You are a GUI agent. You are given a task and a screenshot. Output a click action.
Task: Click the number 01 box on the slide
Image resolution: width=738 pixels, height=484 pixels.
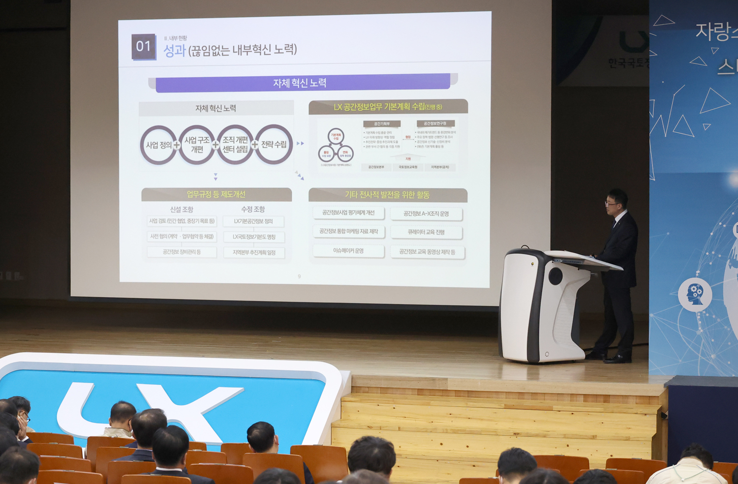(143, 47)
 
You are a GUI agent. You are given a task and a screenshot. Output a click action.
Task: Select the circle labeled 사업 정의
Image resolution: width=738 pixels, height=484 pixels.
(158, 145)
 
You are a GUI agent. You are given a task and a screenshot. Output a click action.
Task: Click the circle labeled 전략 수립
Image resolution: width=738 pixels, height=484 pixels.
(274, 144)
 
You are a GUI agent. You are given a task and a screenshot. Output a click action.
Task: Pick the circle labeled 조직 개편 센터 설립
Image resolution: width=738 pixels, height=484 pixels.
(235, 145)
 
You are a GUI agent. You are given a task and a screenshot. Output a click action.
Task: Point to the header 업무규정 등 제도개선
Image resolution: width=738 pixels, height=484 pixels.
(216, 194)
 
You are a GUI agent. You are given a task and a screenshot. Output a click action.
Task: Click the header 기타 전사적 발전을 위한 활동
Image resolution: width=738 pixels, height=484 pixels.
(388, 195)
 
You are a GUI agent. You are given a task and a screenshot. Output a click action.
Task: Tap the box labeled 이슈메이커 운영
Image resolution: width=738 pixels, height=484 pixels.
(348, 251)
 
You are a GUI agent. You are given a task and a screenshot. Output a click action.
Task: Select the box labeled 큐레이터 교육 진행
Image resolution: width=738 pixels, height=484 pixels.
(426, 232)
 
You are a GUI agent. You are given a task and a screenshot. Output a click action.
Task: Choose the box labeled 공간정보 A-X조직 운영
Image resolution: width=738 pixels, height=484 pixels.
(426, 213)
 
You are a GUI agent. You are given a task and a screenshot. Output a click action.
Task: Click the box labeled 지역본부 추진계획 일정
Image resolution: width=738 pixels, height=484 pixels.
(254, 252)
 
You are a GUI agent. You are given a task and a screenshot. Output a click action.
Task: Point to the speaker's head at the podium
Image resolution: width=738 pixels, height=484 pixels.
(615, 200)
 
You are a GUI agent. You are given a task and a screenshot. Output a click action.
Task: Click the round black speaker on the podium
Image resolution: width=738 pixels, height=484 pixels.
(555, 276)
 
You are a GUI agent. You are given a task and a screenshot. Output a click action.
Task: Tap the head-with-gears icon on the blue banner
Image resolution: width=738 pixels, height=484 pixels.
(695, 294)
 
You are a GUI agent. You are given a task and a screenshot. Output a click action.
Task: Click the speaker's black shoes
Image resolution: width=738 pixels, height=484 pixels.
(610, 358)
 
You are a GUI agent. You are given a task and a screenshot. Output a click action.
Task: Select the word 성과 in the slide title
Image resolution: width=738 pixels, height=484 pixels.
(174, 50)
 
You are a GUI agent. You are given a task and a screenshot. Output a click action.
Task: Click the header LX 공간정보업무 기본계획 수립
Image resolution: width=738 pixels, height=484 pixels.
(388, 107)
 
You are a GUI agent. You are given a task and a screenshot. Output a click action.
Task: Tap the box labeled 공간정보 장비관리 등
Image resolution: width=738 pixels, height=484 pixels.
(182, 252)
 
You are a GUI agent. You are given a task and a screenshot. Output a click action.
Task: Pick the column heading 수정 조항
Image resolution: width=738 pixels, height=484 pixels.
(253, 209)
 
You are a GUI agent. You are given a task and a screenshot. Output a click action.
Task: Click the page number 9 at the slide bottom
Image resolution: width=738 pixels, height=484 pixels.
(299, 276)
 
